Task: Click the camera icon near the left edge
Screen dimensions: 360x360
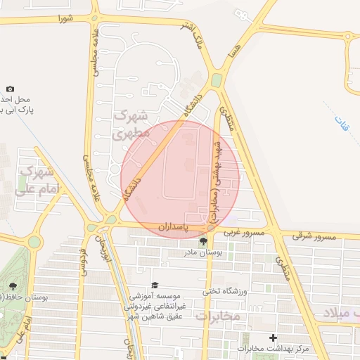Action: (x=10, y=89)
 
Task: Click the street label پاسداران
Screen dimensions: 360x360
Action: (x=173, y=228)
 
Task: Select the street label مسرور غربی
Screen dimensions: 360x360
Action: (x=243, y=231)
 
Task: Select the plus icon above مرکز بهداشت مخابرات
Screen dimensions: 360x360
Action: (x=273, y=338)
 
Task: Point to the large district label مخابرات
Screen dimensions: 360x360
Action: (x=218, y=316)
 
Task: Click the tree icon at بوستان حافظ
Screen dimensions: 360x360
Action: (x=12, y=286)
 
